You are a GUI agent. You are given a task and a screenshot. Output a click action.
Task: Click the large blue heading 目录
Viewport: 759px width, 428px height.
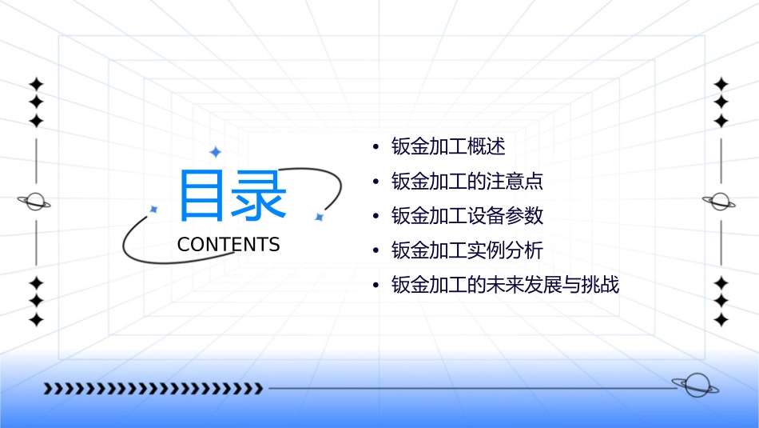pyautogui.click(x=232, y=195)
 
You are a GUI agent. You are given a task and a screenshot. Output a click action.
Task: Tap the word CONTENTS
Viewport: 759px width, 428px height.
pyautogui.click(x=228, y=245)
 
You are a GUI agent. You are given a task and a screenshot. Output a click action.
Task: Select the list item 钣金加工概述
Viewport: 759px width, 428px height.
pyautogui.click(x=448, y=146)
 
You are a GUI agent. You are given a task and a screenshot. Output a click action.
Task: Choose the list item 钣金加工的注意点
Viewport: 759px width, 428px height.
pyautogui.click(x=467, y=182)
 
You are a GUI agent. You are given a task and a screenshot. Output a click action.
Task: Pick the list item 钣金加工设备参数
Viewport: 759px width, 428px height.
pyautogui.click(x=467, y=216)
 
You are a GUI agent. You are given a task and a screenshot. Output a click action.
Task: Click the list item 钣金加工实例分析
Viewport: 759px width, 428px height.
pyautogui.click(x=467, y=250)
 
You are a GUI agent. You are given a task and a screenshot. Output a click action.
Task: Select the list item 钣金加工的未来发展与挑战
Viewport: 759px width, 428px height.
pyautogui.click(x=505, y=286)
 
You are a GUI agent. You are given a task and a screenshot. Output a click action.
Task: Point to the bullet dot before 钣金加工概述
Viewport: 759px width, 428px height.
pyautogui.click(x=376, y=147)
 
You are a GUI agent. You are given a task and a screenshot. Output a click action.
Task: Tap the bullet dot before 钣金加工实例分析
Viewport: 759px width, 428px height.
pyautogui.click(x=376, y=251)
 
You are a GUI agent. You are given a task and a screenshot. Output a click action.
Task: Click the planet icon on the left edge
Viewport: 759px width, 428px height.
pyautogui.click(x=35, y=202)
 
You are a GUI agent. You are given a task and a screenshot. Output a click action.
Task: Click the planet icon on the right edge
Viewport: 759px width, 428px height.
pyautogui.click(x=721, y=202)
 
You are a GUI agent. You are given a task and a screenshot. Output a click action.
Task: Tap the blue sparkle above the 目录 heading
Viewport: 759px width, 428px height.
pyautogui.click(x=215, y=152)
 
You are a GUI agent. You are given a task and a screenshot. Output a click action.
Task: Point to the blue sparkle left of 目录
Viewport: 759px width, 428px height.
pyautogui.click(x=154, y=209)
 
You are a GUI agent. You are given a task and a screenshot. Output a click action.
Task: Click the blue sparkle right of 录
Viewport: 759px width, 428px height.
pyautogui.click(x=319, y=217)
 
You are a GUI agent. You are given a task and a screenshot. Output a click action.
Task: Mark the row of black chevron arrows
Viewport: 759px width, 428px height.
pyautogui.click(x=153, y=390)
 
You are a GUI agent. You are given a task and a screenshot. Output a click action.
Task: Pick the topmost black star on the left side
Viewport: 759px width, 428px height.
pyautogui.click(x=36, y=84)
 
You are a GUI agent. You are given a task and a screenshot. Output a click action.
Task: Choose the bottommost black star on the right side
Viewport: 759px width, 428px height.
pyautogui.click(x=721, y=320)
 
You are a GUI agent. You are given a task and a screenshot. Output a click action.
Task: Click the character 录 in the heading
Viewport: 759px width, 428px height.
pyautogui.click(x=260, y=195)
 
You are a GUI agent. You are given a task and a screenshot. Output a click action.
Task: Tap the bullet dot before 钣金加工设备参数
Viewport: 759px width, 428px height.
pyautogui.click(x=376, y=217)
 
